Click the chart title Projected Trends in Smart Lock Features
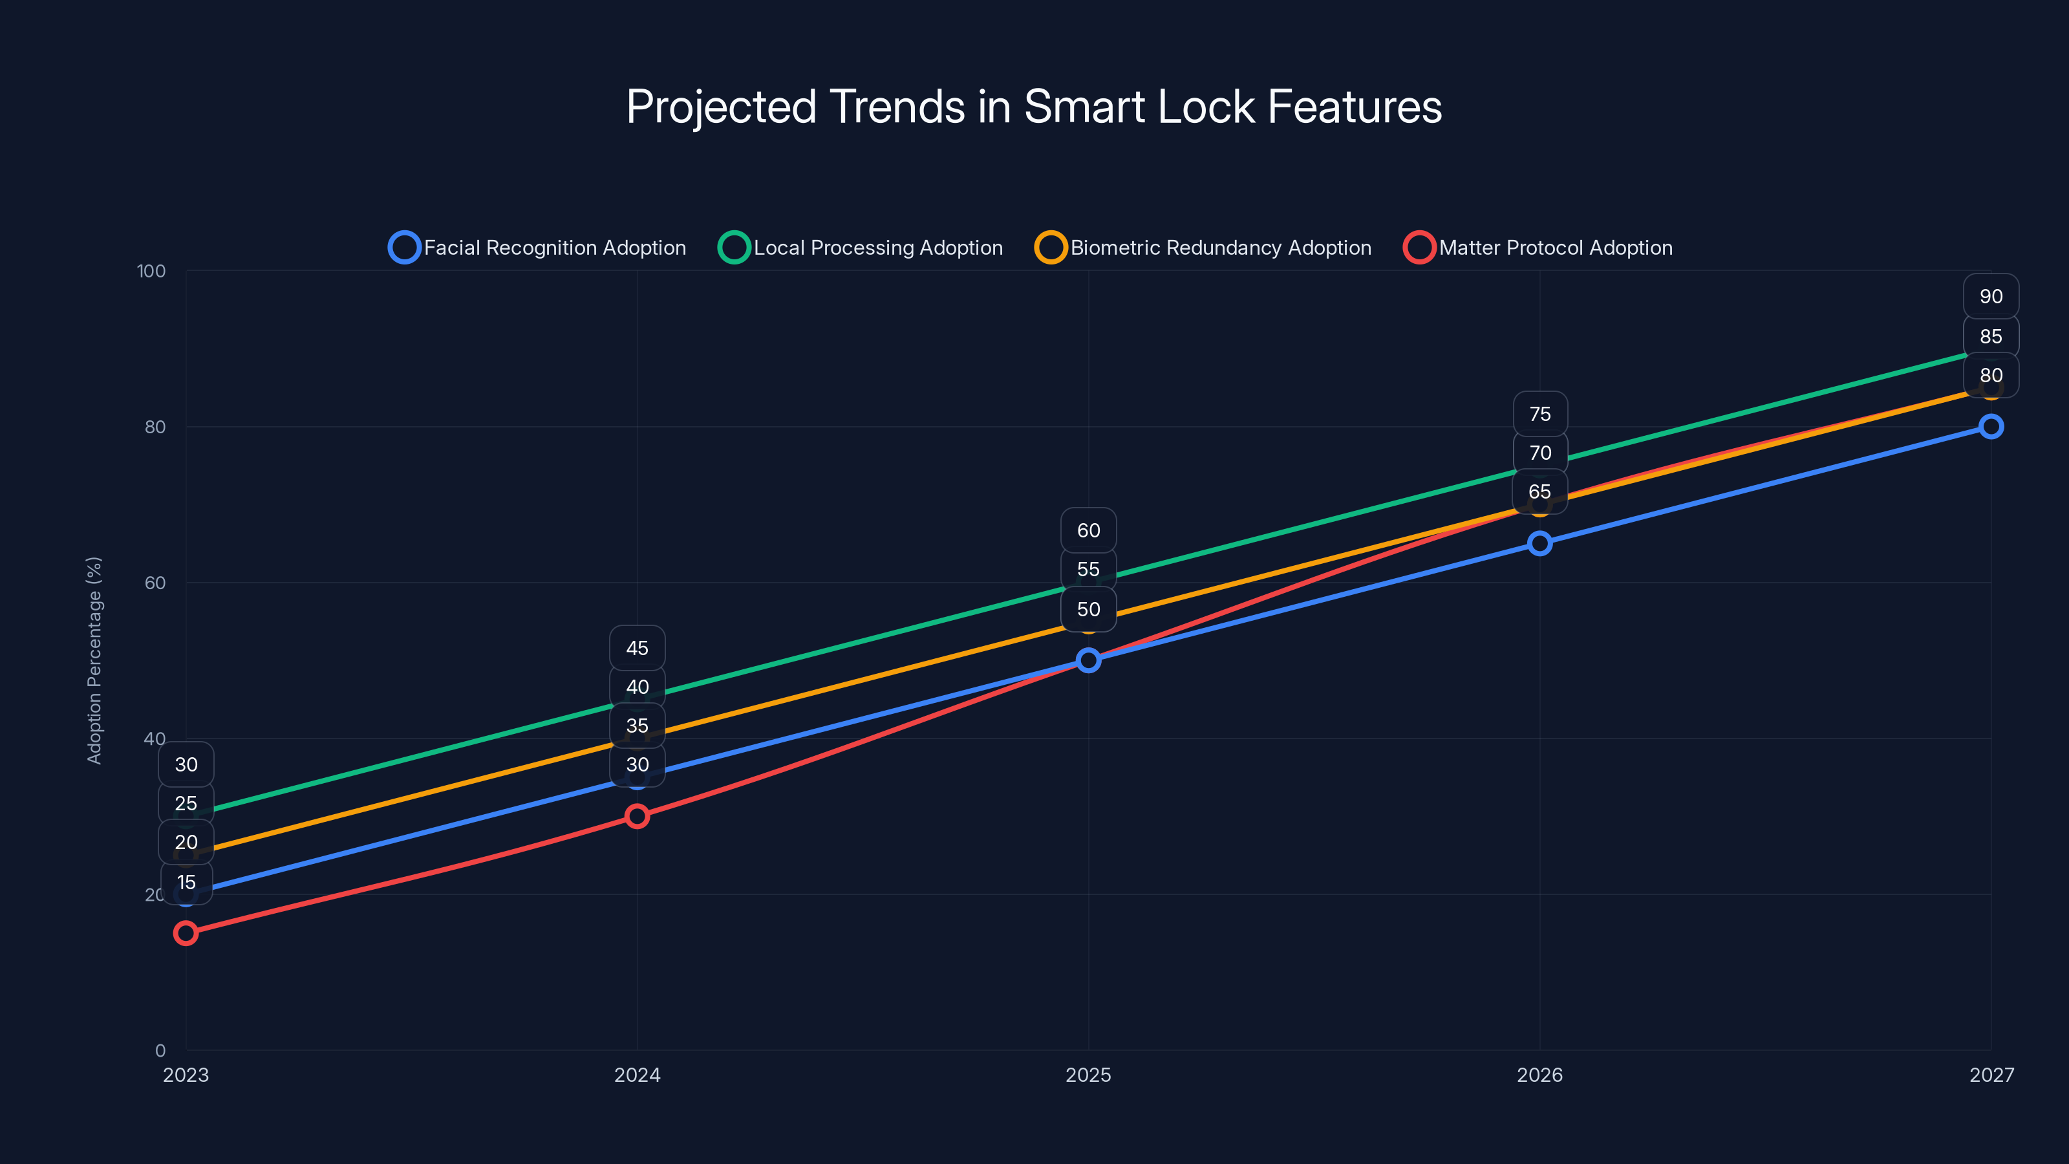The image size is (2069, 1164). pos(1034,106)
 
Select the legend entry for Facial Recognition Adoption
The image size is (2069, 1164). pos(537,248)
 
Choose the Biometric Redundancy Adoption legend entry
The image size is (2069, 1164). pos(1203,248)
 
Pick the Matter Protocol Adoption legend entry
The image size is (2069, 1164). pos(1538,248)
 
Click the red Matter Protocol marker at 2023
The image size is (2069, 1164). pos(186,932)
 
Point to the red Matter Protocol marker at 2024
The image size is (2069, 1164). pos(637,816)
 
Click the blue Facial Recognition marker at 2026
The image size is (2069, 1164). pos(1539,544)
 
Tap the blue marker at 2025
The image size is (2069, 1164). pos(1088,660)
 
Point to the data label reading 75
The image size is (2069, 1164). pos(1539,414)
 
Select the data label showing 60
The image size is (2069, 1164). pos(1088,530)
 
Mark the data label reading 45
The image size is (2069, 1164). pos(637,648)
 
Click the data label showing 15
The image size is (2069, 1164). pos(186,882)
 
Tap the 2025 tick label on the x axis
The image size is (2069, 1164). pos(1088,1075)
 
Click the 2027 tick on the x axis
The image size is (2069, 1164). pos(1991,1075)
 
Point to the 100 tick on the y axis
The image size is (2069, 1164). pos(151,271)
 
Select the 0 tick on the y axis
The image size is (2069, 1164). pos(160,1050)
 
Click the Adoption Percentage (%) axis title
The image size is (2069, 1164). pos(94,660)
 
